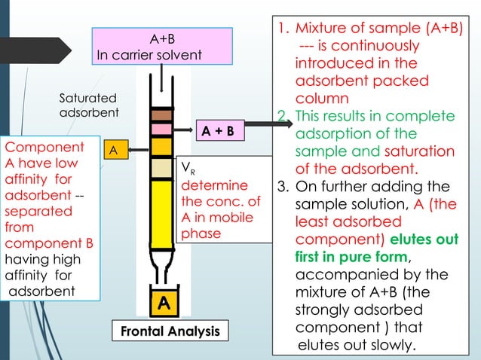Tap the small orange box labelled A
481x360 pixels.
[113, 151]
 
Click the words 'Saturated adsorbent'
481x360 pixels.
[88, 105]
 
